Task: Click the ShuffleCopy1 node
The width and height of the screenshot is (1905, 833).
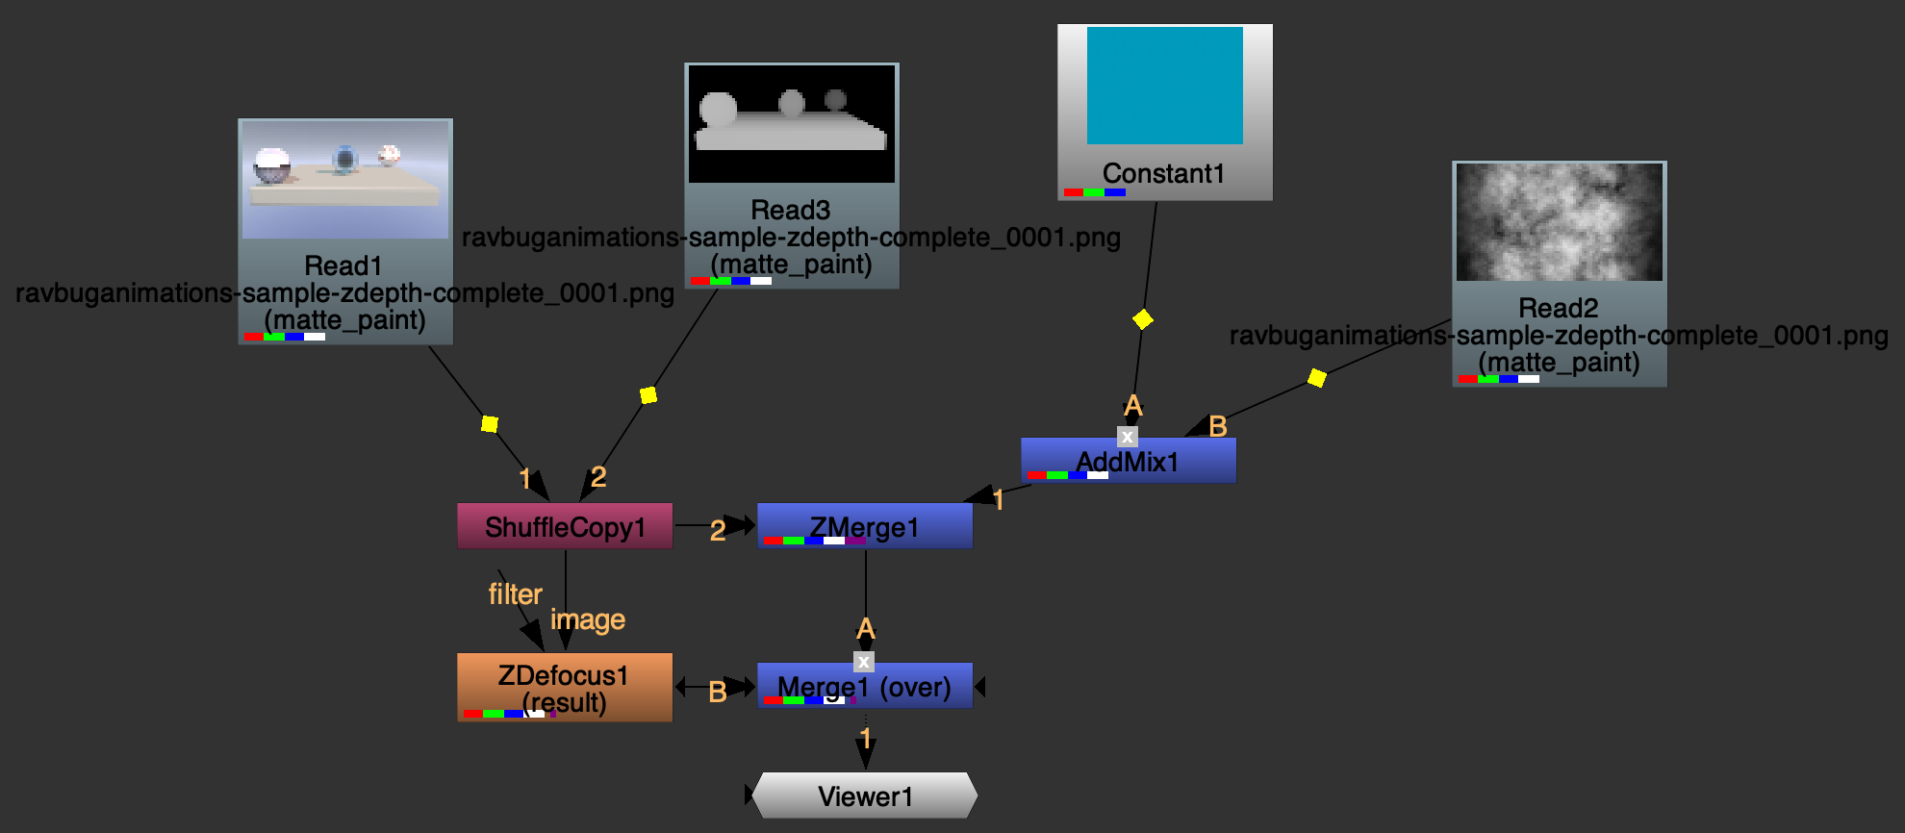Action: (565, 526)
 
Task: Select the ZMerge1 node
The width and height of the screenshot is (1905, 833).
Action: (865, 526)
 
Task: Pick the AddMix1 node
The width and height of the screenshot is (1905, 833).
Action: (1128, 461)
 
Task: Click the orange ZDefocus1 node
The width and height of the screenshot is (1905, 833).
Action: (565, 687)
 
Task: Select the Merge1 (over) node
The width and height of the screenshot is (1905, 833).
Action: (865, 686)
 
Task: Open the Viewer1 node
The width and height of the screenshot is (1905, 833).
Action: (865, 795)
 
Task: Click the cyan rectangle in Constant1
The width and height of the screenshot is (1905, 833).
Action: (1164, 86)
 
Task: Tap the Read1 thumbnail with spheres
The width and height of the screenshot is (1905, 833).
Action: (345, 180)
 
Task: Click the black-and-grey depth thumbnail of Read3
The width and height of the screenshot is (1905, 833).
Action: (792, 124)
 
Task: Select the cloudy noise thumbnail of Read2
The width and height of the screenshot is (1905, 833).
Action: (1559, 222)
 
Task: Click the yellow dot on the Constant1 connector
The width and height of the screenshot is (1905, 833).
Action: (1143, 319)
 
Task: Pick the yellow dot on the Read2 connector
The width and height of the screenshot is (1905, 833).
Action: (1317, 377)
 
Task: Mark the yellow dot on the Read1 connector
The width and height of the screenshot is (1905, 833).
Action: (490, 424)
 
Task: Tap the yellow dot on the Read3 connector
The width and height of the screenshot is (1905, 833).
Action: (648, 395)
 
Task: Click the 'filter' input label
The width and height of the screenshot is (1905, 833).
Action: (515, 594)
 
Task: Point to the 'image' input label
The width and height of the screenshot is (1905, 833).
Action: (588, 620)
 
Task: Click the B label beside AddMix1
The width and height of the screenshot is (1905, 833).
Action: (1218, 426)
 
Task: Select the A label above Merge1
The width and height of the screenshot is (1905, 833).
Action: (866, 629)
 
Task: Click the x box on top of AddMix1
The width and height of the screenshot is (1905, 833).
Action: (1128, 437)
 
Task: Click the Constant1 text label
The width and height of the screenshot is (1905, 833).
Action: (1164, 173)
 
